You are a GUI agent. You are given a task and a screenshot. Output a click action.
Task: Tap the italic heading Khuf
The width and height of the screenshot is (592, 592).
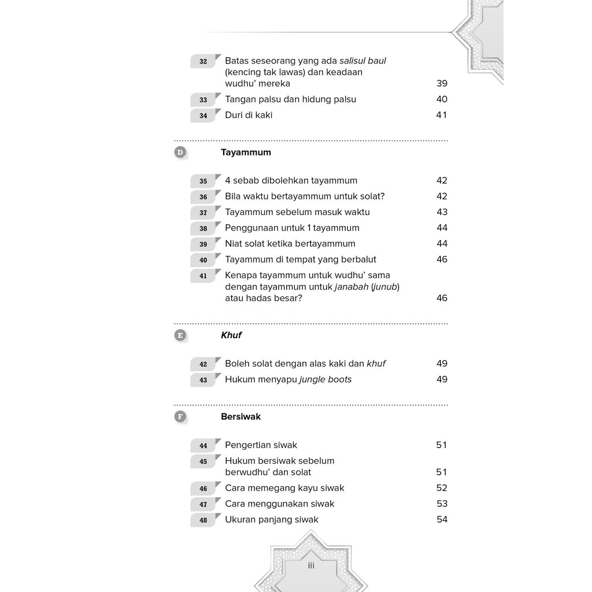click(231, 335)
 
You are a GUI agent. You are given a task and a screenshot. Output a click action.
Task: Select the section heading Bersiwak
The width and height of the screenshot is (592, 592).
click(240, 416)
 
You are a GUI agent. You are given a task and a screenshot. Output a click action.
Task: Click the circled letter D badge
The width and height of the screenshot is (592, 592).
click(180, 153)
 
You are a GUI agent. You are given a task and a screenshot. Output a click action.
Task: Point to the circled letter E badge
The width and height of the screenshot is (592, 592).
click(180, 335)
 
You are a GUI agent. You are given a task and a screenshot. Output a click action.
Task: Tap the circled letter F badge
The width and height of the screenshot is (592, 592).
click(180, 416)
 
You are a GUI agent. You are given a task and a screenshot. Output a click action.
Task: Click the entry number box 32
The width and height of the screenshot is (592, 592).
click(203, 61)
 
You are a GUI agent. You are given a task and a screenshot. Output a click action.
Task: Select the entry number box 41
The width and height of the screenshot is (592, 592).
click(203, 276)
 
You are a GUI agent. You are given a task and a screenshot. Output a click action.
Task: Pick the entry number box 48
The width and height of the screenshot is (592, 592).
click(203, 520)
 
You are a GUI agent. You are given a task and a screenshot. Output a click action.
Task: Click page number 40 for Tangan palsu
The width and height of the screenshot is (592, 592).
click(442, 99)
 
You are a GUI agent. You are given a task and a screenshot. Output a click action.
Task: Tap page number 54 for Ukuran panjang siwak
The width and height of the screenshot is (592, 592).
click(442, 519)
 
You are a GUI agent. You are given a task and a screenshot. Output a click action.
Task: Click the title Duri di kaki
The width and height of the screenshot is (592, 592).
click(249, 115)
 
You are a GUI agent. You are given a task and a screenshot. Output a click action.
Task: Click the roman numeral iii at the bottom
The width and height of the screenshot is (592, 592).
click(311, 565)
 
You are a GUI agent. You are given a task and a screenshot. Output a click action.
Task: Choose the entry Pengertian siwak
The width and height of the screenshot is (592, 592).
click(261, 445)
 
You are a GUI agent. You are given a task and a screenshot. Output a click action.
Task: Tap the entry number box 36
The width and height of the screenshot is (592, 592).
click(203, 197)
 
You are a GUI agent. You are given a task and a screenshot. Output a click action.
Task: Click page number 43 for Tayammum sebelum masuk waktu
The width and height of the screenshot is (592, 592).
click(442, 212)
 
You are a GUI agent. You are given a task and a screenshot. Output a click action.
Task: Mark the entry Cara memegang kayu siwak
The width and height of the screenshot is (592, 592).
click(284, 487)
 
